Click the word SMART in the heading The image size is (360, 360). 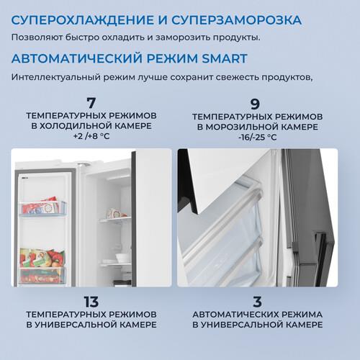(225, 58)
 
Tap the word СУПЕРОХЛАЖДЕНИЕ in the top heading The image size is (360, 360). (82, 20)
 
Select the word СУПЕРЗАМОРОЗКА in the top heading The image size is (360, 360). (236, 20)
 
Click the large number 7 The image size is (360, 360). (91, 103)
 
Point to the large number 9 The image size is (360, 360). (255, 104)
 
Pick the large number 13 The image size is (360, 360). (91, 302)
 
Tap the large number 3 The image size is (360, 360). (257, 302)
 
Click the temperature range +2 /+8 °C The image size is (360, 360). (91, 136)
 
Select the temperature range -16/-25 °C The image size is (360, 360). (258, 138)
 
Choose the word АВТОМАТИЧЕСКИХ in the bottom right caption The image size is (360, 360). (235, 315)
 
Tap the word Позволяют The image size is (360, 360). (37, 37)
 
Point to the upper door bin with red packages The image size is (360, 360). (42, 207)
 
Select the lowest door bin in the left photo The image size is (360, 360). (42, 275)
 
